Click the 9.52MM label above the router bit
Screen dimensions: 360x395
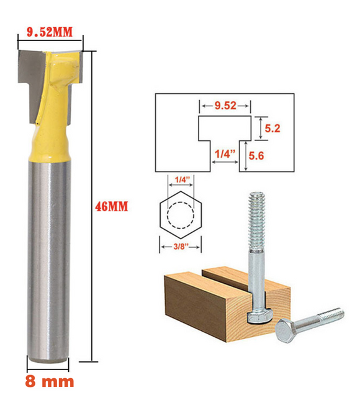pos(50,32)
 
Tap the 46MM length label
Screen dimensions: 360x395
pos(112,207)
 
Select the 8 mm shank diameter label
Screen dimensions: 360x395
pos(50,381)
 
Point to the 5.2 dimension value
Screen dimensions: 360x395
pos(272,129)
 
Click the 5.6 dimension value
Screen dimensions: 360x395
pos(256,156)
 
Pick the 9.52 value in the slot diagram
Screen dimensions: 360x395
pos(225,106)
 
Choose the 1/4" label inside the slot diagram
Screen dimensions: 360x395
pos(225,153)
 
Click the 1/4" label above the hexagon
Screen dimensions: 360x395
pos(181,179)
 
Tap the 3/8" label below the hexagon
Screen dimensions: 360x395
pos(181,247)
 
